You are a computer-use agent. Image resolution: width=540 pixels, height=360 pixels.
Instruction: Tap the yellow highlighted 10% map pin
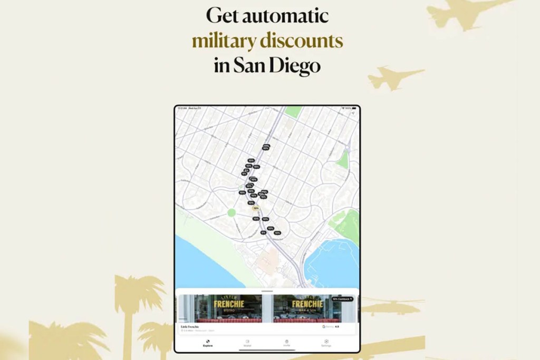(256, 209)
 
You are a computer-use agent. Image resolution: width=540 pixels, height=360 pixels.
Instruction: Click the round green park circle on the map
(231, 213)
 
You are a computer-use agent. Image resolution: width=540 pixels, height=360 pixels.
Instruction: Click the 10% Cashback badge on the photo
(342, 299)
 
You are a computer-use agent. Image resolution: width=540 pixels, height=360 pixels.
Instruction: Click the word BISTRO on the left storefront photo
(227, 312)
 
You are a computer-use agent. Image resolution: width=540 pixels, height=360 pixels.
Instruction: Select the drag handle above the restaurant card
(267, 291)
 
